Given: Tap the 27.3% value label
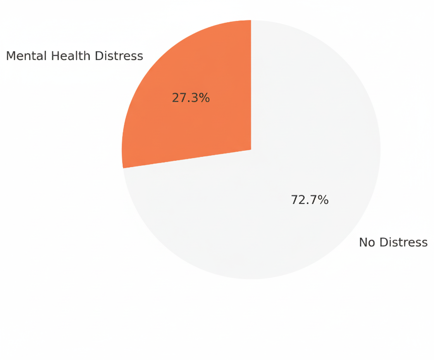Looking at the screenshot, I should [x=191, y=98].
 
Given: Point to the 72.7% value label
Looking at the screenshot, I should [x=310, y=200].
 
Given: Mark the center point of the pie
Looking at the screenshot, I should [x=251, y=150].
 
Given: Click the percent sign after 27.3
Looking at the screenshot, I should [x=205, y=98].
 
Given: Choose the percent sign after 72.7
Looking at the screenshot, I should [x=324, y=200].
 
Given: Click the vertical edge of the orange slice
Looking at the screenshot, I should [x=251, y=85].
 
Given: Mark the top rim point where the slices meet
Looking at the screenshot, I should [x=251, y=21].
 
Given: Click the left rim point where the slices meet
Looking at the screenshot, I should [x=123, y=168].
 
